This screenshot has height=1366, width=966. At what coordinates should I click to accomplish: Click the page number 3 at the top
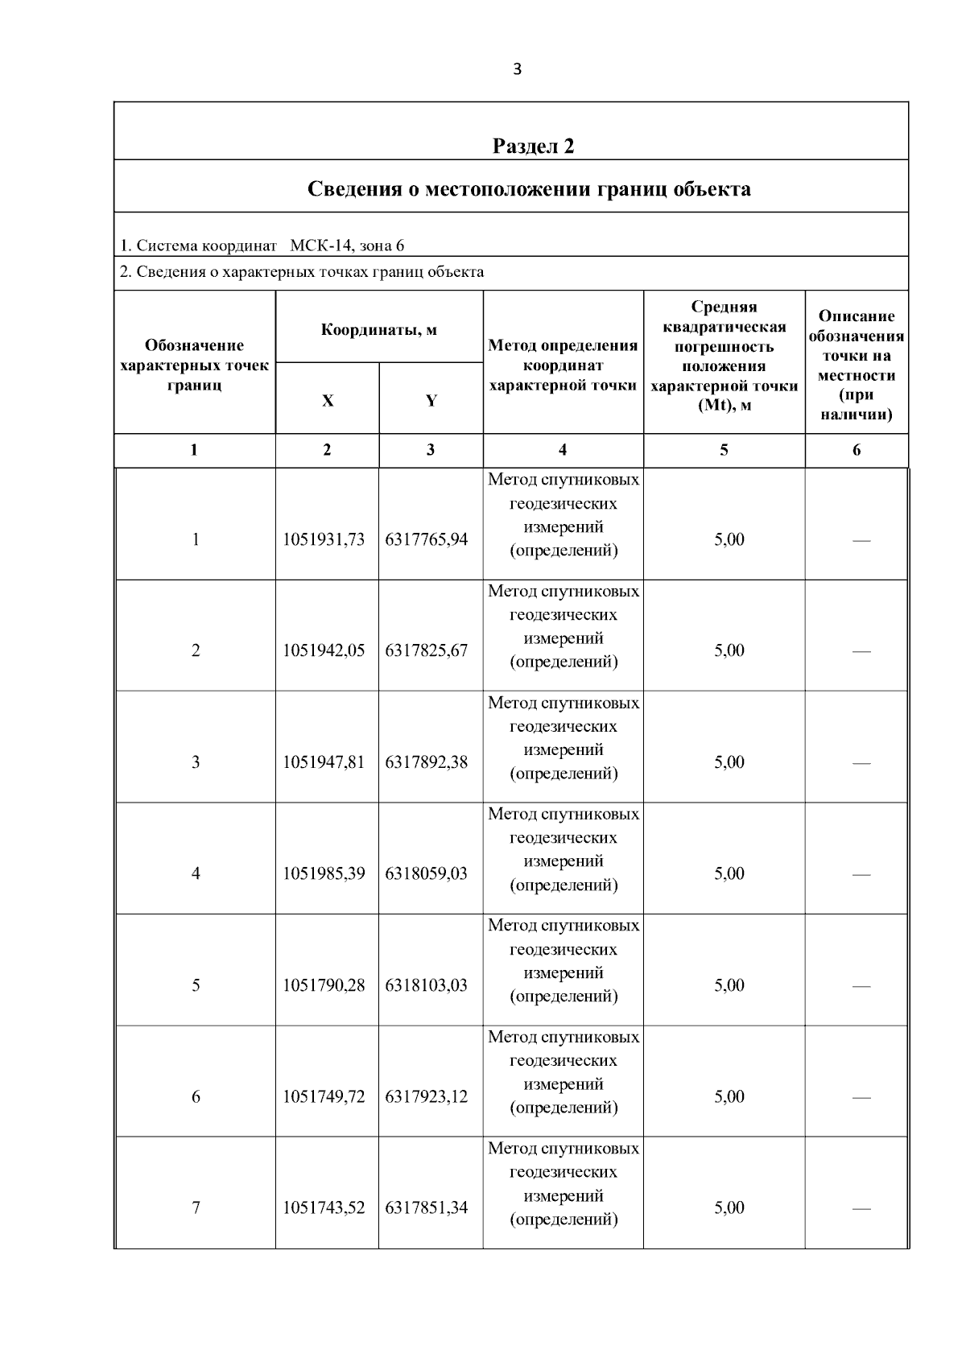[x=517, y=69]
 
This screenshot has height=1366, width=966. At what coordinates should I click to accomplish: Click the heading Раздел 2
[x=533, y=146]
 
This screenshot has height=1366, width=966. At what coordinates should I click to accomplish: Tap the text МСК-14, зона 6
[x=347, y=246]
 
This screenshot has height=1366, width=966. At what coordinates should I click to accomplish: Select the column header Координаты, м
[x=378, y=330]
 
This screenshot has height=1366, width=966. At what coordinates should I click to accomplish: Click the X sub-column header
[x=327, y=400]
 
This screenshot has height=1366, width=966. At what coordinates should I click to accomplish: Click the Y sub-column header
[x=431, y=400]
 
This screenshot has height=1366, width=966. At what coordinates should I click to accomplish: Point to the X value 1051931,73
[x=324, y=539]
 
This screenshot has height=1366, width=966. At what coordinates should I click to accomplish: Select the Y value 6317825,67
[x=427, y=650]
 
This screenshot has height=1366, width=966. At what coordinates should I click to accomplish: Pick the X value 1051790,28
[x=324, y=985]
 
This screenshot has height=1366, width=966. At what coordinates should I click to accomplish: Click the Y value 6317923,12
[x=427, y=1096]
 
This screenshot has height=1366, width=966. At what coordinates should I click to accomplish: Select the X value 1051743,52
[x=324, y=1207]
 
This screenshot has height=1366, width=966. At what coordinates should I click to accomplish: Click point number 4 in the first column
[x=196, y=873]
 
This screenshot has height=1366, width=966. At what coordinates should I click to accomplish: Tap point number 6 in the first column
[x=196, y=1096]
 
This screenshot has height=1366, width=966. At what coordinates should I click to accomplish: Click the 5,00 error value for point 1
[x=729, y=539]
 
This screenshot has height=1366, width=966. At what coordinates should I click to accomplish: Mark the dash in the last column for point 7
[x=861, y=1208]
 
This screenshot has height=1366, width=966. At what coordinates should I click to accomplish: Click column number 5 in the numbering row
[x=724, y=450]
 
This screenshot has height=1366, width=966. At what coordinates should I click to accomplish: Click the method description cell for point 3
[x=563, y=738]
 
